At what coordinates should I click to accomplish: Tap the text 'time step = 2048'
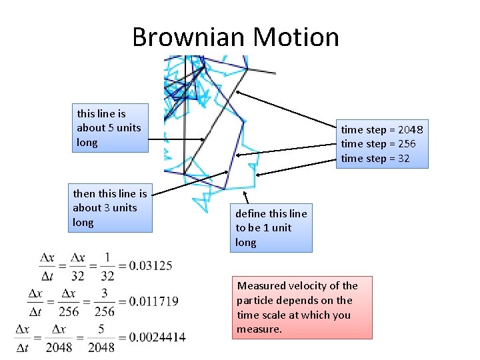(381, 129)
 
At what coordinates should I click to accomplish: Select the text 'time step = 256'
(378, 144)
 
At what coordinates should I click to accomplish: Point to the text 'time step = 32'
(375, 159)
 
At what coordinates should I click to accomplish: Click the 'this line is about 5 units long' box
(110, 128)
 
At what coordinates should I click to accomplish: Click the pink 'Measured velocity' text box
(301, 307)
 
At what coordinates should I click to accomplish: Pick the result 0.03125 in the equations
(151, 266)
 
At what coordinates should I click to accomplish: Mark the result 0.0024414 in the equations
(157, 337)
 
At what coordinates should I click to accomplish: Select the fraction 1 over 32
(107, 267)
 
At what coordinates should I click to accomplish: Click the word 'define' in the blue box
(250, 213)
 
